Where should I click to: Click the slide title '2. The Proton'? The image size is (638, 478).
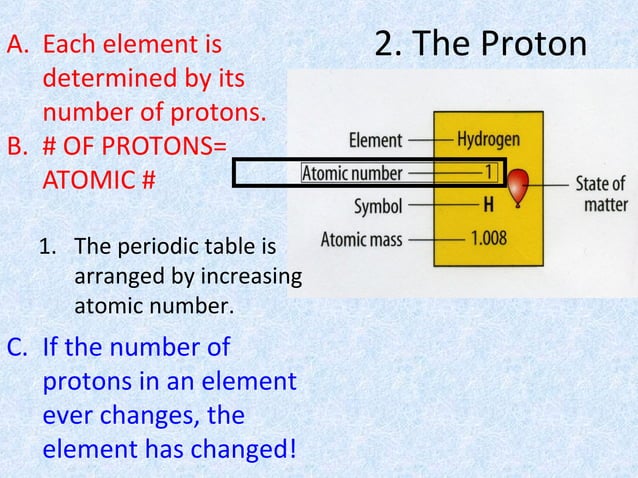pos(481,44)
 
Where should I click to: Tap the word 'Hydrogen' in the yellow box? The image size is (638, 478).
pos(488,140)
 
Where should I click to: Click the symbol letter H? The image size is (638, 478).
pos(489,206)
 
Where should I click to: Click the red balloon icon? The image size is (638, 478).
pos(517,187)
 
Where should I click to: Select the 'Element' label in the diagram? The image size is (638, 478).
pos(376,141)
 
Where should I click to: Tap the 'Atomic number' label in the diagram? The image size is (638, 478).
pos(352,173)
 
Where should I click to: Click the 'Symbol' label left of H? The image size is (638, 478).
pos(379,207)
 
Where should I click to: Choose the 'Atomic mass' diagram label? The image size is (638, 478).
pos(361,240)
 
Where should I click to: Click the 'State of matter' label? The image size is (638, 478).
pos(601,194)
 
